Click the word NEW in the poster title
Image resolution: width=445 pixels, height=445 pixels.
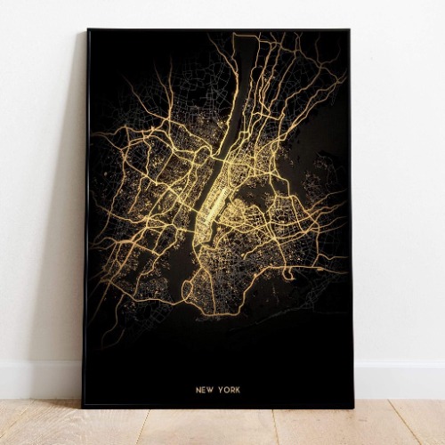206,389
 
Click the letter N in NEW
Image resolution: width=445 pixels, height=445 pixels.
199,389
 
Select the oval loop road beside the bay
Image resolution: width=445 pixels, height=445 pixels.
188,291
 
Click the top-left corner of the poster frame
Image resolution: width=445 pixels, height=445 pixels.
87,30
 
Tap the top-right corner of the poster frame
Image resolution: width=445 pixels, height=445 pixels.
349,30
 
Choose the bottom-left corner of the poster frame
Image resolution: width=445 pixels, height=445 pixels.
84,407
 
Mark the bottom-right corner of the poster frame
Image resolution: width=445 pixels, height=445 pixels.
353,408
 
